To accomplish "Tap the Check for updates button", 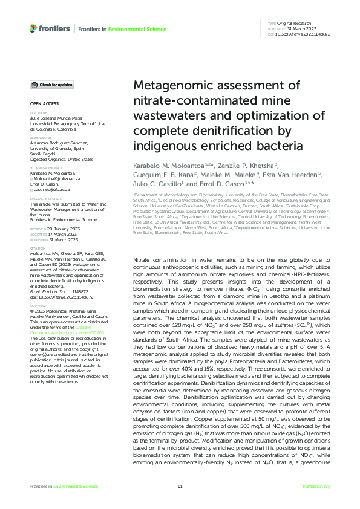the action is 53,85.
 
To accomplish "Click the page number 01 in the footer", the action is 180,487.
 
